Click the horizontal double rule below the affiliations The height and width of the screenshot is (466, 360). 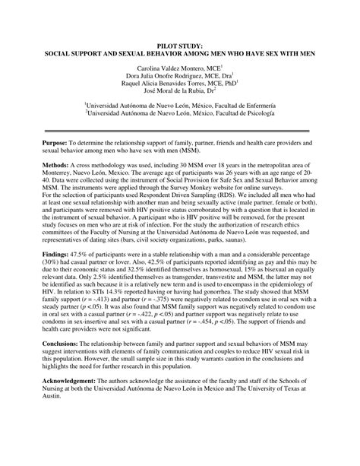180,131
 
